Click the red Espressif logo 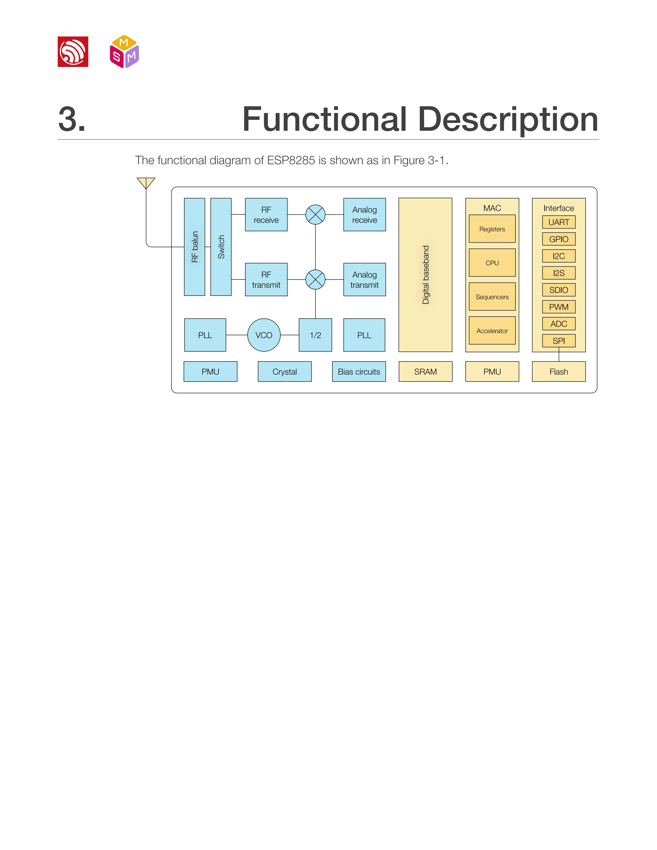[x=73, y=52]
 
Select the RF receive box [x=266, y=215]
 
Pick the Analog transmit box [x=364, y=279]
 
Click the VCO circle [x=264, y=335]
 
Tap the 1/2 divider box [x=315, y=335]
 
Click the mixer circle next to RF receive [x=315, y=215]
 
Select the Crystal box [x=284, y=372]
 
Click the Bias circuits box [x=359, y=372]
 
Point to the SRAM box [x=425, y=372]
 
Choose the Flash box [x=559, y=372]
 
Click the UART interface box [x=559, y=222]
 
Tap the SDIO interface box [x=559, y=290]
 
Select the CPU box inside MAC [x=492, y=263]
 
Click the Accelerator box [x=492, y=331]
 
